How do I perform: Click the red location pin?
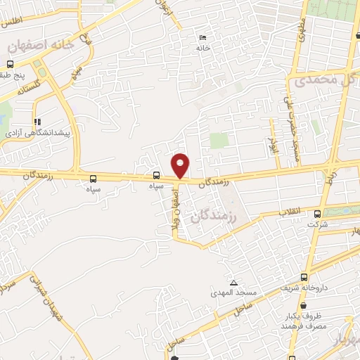pos(181,166)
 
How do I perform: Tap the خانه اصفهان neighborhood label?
pos(41,46)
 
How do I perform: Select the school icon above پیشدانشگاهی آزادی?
pos(37,121)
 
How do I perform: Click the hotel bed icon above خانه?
pos(204,37)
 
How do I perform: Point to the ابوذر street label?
pos(273,146)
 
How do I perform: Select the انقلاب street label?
pos(290,212)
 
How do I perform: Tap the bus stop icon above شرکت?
pos(317,214)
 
